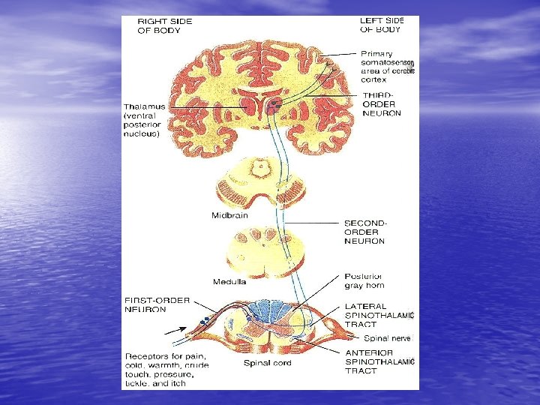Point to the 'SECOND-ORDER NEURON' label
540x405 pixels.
[x=364, y=232]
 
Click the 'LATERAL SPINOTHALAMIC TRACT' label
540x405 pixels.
[x=376, y=316]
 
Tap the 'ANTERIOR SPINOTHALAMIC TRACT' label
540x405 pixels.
[x=379, y=361]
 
